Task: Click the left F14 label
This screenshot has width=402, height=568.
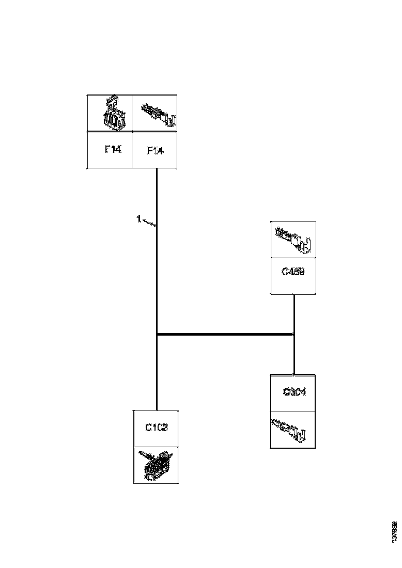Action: [x=113, y=150]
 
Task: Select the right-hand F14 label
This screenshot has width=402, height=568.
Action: [x=156, y=150]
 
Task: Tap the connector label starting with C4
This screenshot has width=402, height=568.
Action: [x=293, y=271]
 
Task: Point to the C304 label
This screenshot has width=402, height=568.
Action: [x=295, y=392]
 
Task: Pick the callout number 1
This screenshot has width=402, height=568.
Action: [x=138, y=219]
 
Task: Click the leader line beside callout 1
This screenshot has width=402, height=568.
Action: [x=149, y=223]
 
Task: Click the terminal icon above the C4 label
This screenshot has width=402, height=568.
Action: [x=293, y=240]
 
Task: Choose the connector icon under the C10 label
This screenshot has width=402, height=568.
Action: [x=157, y=465]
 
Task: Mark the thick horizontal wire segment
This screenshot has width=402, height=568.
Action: [x=225, y=335]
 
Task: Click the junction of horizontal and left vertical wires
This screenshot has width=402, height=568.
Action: [x=157, y=335]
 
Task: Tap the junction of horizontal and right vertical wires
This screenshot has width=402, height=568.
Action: [x=294, y=335]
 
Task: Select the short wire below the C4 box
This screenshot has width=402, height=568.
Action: [x=294, y=312]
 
